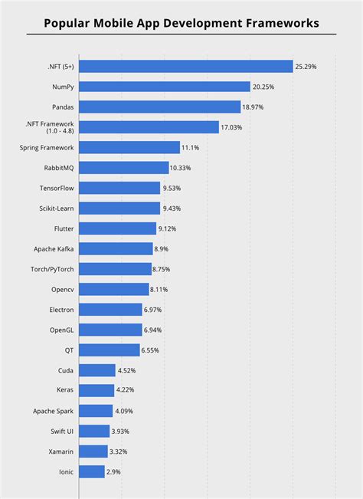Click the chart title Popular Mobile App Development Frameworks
(181, 24)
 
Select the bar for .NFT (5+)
(186, 67)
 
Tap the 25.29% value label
(306, 67)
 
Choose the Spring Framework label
(47, 147)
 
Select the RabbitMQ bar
(124, 168)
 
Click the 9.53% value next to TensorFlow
(173, 188)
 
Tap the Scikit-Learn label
(53, 208)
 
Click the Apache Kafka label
(54, 248)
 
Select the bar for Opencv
(114, 289)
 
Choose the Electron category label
(60, 310)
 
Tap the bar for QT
(110, 350)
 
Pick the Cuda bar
(97, 370)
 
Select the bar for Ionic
(92, 471)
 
